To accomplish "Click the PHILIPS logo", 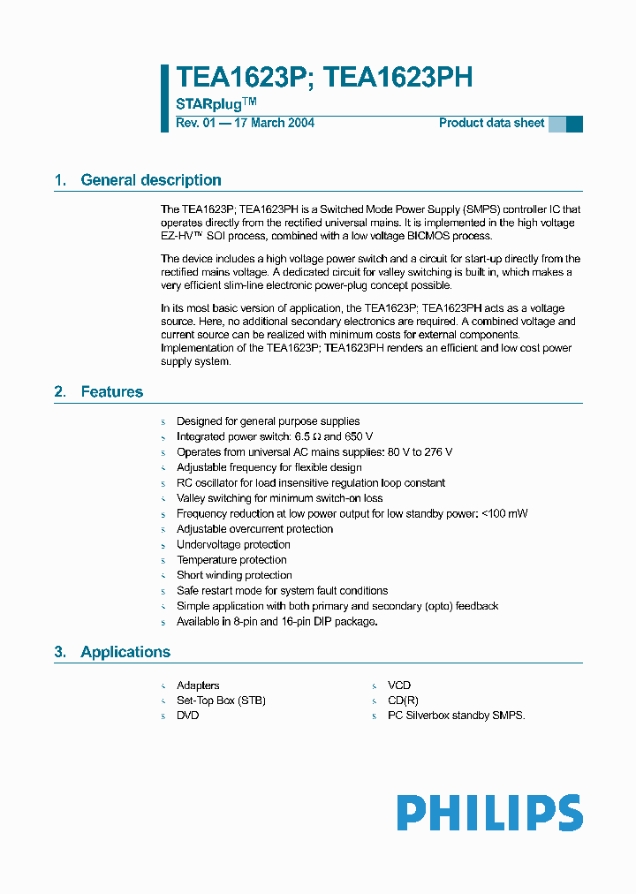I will point(489,813).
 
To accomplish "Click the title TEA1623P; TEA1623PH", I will point(324,78).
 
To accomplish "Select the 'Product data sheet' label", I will point(491,123).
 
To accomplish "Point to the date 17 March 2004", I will point(273,123).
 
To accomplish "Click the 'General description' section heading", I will point(151,180).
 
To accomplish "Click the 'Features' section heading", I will point(111,391).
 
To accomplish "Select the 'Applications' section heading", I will point(125,652).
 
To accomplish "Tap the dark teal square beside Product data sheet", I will point(574,124).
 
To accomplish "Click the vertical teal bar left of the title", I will point(164,98).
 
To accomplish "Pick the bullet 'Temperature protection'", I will point(231,560).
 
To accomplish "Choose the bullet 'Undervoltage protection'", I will point(233,544).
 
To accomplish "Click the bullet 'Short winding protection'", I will point(234,575).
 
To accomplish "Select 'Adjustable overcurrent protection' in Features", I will point(254,529).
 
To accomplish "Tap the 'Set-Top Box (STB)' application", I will point(221,701).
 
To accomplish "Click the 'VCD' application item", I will point(399,686).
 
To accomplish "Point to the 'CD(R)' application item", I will point(403,701).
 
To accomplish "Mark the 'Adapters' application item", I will point(198,686).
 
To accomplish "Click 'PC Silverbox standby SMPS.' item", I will point(456,716).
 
